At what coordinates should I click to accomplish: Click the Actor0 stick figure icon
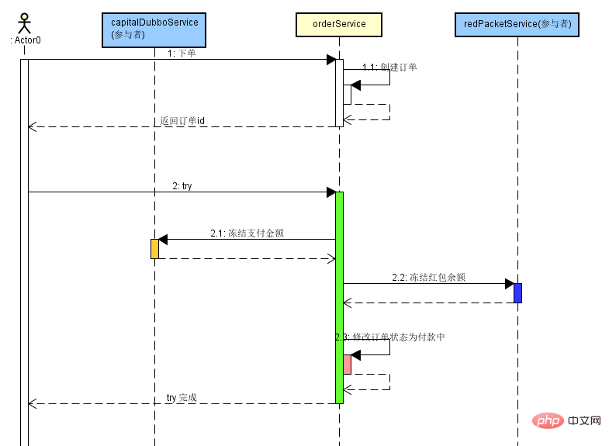click(x=24, y=22)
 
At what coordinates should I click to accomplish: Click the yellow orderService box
click(x=339, y=24)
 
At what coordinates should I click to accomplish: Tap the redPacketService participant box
click(x=517, y=24)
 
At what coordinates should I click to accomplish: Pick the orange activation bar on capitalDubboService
click(x=154, y=248)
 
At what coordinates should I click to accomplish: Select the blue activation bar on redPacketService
click(x=517, y=292)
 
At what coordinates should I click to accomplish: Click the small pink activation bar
click(x=347, y=364)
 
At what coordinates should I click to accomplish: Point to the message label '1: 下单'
click(x=182, y=54)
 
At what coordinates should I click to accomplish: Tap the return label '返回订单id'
click(x=182, y=121)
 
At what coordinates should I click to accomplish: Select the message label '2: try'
click(x=182, y=186)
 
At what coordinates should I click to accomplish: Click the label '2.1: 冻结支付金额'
click(x=247, y=233)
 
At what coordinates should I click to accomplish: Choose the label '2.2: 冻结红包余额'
click(x=428, y=277)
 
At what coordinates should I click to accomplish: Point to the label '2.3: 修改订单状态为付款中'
click(x=390, y=337)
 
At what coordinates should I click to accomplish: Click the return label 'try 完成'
click(x=182, y=398)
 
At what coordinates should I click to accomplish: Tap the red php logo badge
click(x=548, y=420)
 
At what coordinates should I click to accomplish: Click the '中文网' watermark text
click(x=584, y=420)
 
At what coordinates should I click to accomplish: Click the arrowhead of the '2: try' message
click(x=330, y=192)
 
